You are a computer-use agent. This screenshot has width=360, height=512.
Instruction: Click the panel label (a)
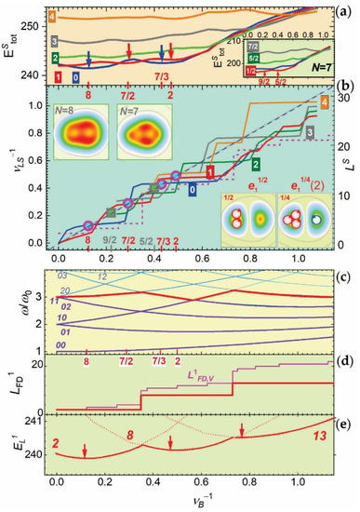[344, 11]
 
